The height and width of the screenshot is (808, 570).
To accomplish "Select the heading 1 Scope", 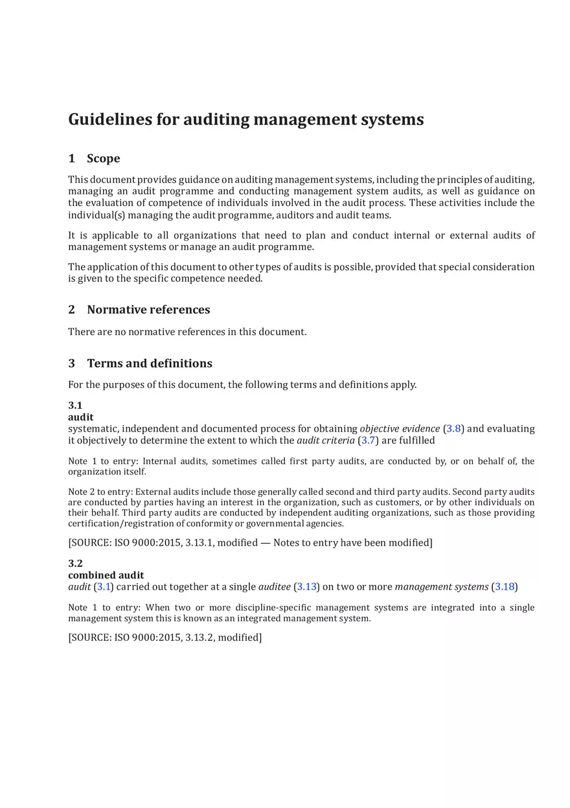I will coord(94,159).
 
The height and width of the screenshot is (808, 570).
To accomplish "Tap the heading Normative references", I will coord(148,310).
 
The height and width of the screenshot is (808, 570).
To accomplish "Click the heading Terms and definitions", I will coord(150,364).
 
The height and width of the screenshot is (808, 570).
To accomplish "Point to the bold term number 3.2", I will coord(75,564).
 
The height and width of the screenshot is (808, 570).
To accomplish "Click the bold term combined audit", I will coord(106,575).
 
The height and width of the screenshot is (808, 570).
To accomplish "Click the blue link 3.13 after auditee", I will coord(306,587).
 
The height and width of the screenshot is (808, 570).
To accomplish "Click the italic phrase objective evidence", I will coord(399,429).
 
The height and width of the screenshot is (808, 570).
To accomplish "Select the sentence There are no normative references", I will coord(187,332).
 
